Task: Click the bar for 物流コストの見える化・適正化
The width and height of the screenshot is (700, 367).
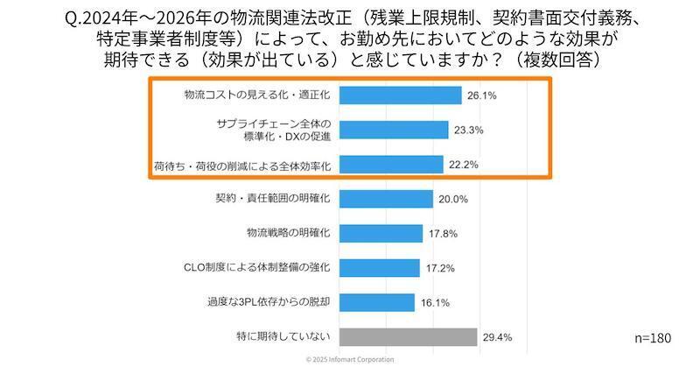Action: pos(399,95)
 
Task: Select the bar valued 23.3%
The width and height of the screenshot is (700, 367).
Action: pos(393,130)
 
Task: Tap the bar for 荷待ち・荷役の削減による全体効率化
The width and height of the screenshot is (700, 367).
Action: pos(390,164)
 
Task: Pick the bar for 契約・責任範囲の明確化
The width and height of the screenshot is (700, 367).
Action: pos(385,199)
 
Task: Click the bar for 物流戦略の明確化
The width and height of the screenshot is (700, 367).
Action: pos(380,233)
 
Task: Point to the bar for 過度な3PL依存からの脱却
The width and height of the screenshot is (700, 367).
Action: pos(375,302)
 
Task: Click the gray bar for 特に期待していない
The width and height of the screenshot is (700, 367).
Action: pos(407,336)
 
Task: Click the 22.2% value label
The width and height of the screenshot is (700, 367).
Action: pos(464,165)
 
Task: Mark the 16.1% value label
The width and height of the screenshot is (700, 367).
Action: pos(435,303)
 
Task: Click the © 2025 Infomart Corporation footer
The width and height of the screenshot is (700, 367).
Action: pos(350,360)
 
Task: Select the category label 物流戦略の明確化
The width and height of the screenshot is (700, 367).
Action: pos(287,233)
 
